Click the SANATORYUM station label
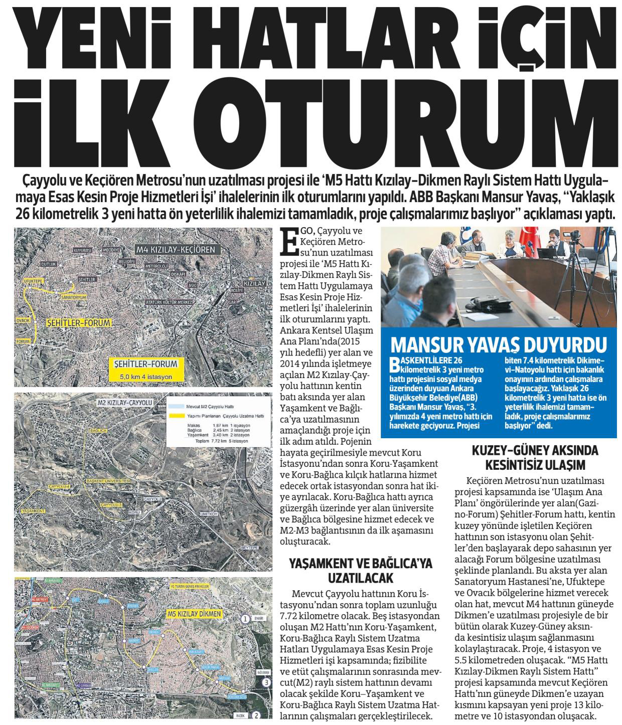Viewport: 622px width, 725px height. tap(74, 297)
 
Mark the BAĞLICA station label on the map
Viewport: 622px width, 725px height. tap(96, 430)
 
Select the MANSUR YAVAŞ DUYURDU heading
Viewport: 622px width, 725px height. tap(498, 345)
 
